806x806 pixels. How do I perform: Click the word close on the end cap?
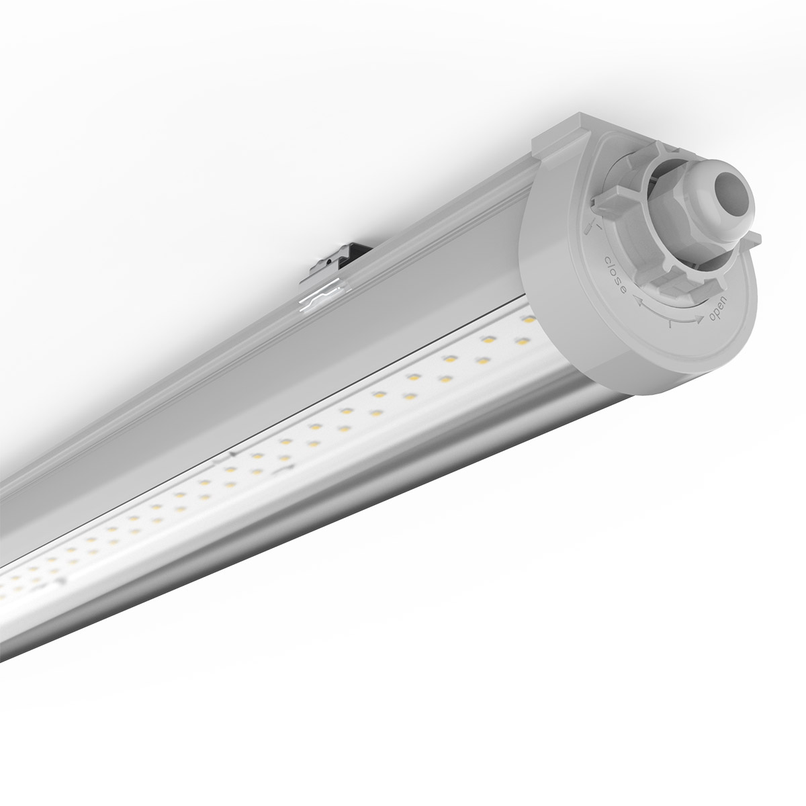pyautogui.click(x=615, y=276)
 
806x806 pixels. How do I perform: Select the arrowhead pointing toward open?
pyautogui.click(x=700, y=321)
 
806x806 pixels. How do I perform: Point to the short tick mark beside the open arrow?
pyautogui.click(x=672, y=325)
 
